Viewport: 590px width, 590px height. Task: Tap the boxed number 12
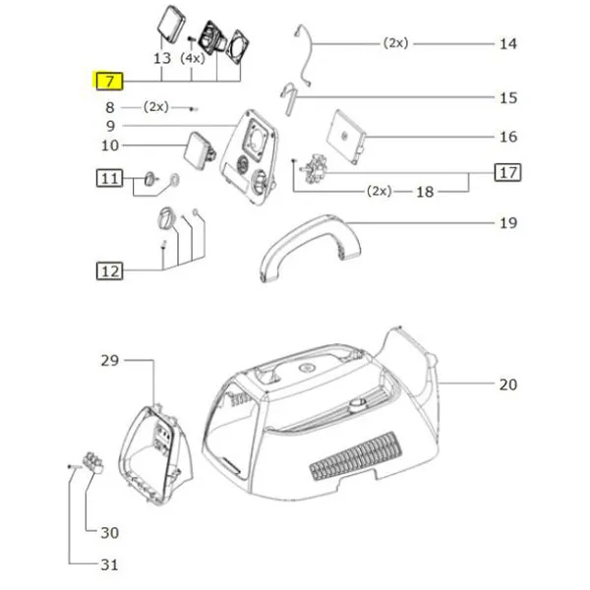109,268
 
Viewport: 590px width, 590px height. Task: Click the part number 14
507,44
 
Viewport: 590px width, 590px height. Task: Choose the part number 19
507,224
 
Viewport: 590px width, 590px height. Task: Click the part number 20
507,384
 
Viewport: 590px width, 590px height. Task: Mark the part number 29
108,361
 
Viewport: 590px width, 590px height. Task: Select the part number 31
109,565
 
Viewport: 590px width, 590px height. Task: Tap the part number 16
507,137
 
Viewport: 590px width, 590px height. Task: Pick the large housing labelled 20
324,413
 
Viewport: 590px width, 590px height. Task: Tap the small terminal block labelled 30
95,459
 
